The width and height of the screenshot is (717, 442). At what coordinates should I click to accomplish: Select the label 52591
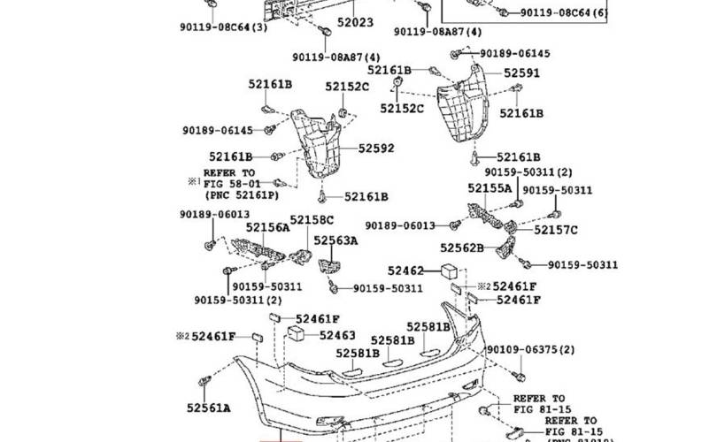coord(521,74)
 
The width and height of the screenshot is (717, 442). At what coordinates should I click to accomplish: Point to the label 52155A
coord(490,188)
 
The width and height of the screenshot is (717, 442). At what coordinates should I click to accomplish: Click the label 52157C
coord(555,231)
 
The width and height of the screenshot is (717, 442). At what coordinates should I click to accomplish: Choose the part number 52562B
coord(463,248)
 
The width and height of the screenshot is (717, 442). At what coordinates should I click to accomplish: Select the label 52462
coord(406,270)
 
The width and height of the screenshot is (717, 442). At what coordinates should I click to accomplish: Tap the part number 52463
coord(337,335)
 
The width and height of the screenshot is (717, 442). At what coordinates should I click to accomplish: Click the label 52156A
coord(267,227)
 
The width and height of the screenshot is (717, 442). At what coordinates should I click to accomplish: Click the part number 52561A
coord(208,408)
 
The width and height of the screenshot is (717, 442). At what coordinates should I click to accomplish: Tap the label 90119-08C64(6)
coord(563,13)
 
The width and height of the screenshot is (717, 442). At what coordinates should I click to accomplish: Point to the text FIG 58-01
coord(228,183)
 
